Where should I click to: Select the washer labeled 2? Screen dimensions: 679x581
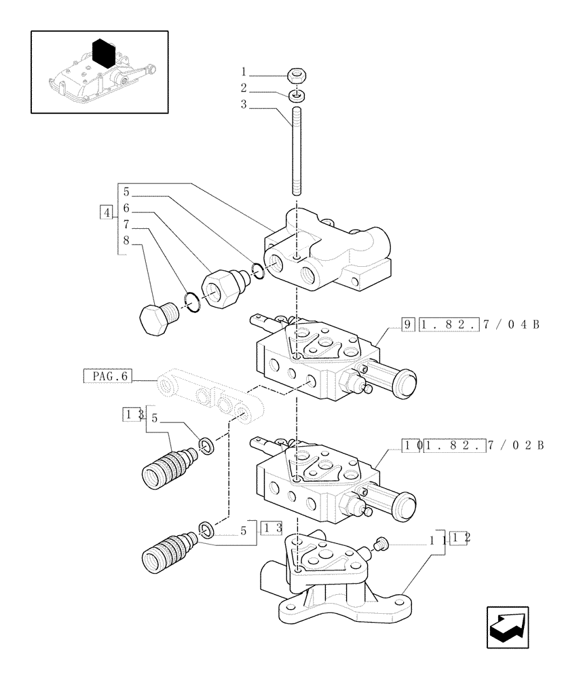[296, 94]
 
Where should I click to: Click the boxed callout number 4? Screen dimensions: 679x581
[105, 213]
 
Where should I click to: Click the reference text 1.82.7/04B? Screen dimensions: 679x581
[479, 324]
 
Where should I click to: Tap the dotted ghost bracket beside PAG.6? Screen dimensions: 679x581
[210, 397]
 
